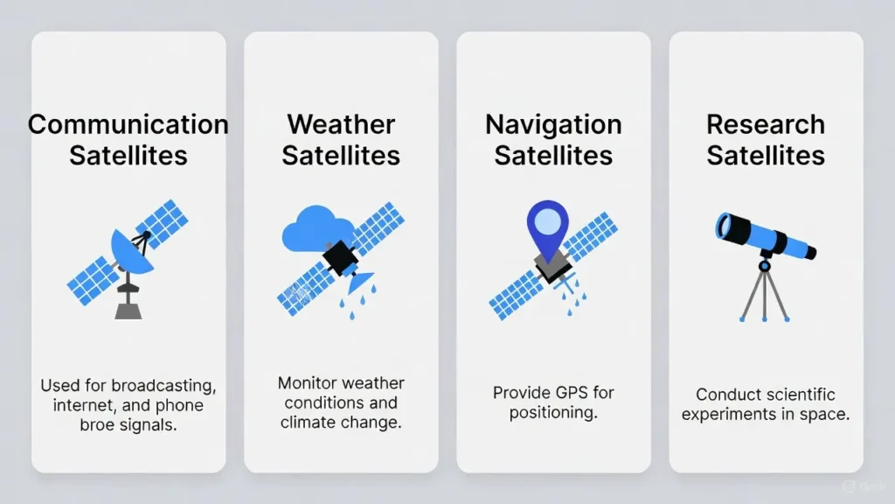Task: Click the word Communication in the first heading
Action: tap(128, 124)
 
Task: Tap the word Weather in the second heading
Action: tap(341, 124)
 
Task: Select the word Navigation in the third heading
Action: tap(553, 124)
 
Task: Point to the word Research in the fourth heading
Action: tap(766, 124)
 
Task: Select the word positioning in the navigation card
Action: tap(553, 413)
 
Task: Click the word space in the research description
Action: tap(825, 415)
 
